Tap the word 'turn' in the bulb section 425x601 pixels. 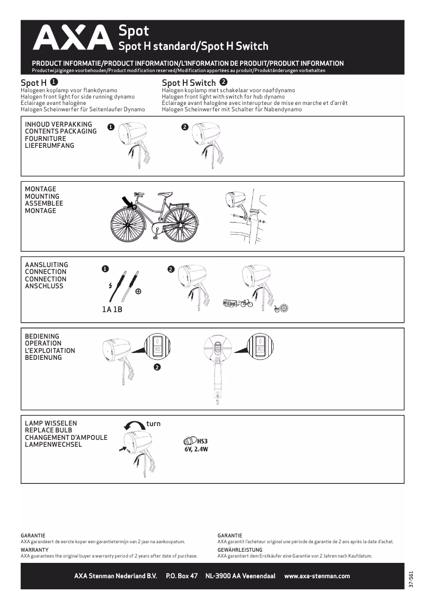pyautogui.click(x=153, y=423)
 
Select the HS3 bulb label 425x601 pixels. pyautogui.click(x=202, y=440)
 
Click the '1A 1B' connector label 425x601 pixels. pyautogui.click(x=112, y=309)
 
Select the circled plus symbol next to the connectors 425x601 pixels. pyautogui.click(x=138, y=291)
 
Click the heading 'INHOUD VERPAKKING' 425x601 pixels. pyautogui.click(x=58, y=124)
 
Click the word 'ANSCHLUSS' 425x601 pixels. pyautogui.click(x=44, y=286)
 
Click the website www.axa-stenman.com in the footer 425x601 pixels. pyautogui.click(x=317, y=576)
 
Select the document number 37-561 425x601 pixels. pyautogui.click(x=411, y=578)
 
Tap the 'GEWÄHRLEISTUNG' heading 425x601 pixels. pyautogui.click(x=240, y=550)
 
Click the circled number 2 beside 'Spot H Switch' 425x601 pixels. pyautogui.click(x=224, y=82)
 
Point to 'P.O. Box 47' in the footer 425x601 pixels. pyautogui.click(x=182, y=576)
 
